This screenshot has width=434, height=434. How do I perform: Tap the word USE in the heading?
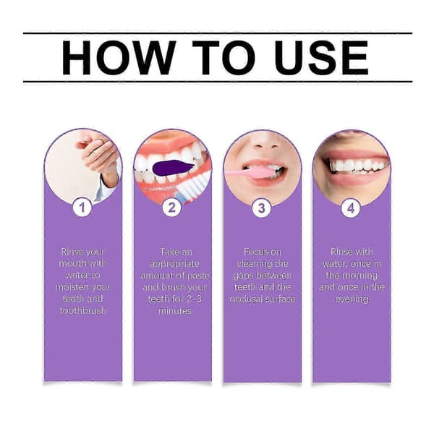321,58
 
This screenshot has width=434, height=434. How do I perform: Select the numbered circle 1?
82,208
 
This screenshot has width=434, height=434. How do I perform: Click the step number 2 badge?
172,208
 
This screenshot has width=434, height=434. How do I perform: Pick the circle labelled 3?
262,208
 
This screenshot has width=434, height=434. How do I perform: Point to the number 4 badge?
351,208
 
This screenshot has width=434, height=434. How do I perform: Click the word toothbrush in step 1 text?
82,311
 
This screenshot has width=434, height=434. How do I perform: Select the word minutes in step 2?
174,311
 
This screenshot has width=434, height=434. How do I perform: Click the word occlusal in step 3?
246,299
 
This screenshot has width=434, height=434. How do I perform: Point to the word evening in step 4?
352,299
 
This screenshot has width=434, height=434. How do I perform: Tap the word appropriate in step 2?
174,264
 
